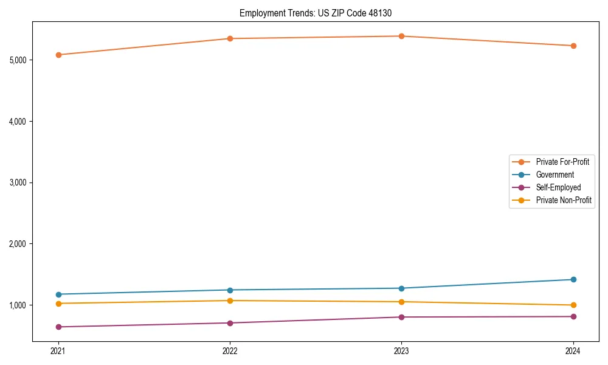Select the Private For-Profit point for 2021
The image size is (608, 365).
coord(58,55)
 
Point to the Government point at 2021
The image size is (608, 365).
coord(58,294)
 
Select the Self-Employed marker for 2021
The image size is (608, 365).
coord(58,327)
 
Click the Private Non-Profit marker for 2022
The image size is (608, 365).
coord(230,301)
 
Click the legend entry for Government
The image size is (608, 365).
coord(554,175)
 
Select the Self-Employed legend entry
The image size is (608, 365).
coord(558,187)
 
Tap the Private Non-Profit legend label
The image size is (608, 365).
coord(564,200)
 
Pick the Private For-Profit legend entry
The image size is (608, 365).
coord(562,162)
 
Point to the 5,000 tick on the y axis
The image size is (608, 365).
coord(18,60)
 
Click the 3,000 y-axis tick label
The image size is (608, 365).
coord(18,182)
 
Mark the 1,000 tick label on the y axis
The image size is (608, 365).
coord(18,305)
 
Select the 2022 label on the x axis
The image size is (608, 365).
coord(230,351)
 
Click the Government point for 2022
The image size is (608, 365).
coord(230,290)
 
